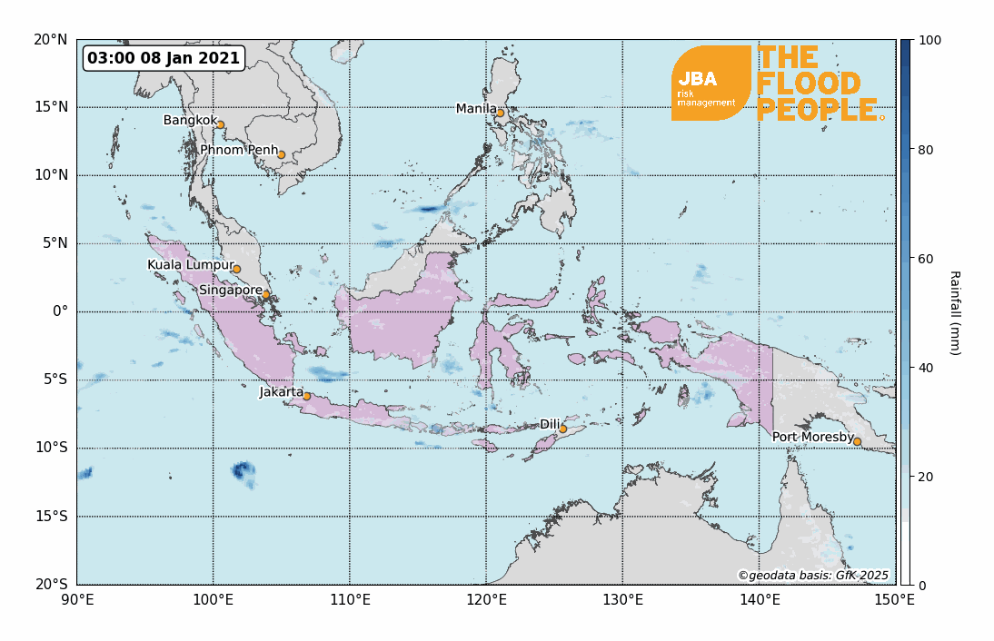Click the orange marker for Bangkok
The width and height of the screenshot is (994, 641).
coord(220,125)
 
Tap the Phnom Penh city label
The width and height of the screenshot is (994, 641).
coord(239,150)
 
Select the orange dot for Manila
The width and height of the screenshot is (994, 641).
coord(500,113)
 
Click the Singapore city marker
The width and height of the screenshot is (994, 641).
coord(266,294)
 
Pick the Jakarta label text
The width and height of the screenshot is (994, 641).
coord(281,392)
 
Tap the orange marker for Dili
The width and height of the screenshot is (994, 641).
coord(562,429)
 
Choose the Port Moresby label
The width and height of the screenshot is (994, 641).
coord(811,438)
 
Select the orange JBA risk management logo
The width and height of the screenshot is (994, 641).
coord(710,84)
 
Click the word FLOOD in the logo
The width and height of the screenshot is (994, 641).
coord(808,84)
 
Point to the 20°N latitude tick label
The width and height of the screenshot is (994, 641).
coord(51,39)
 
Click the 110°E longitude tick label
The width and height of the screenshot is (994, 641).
coord(349,599)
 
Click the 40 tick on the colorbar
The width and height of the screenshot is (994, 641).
coord(925,368)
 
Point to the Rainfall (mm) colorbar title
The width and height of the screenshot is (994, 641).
coord(954,312)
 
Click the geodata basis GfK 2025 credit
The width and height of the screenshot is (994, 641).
coord(812,575)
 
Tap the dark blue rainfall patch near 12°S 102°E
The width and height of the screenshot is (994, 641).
coord(243,470)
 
